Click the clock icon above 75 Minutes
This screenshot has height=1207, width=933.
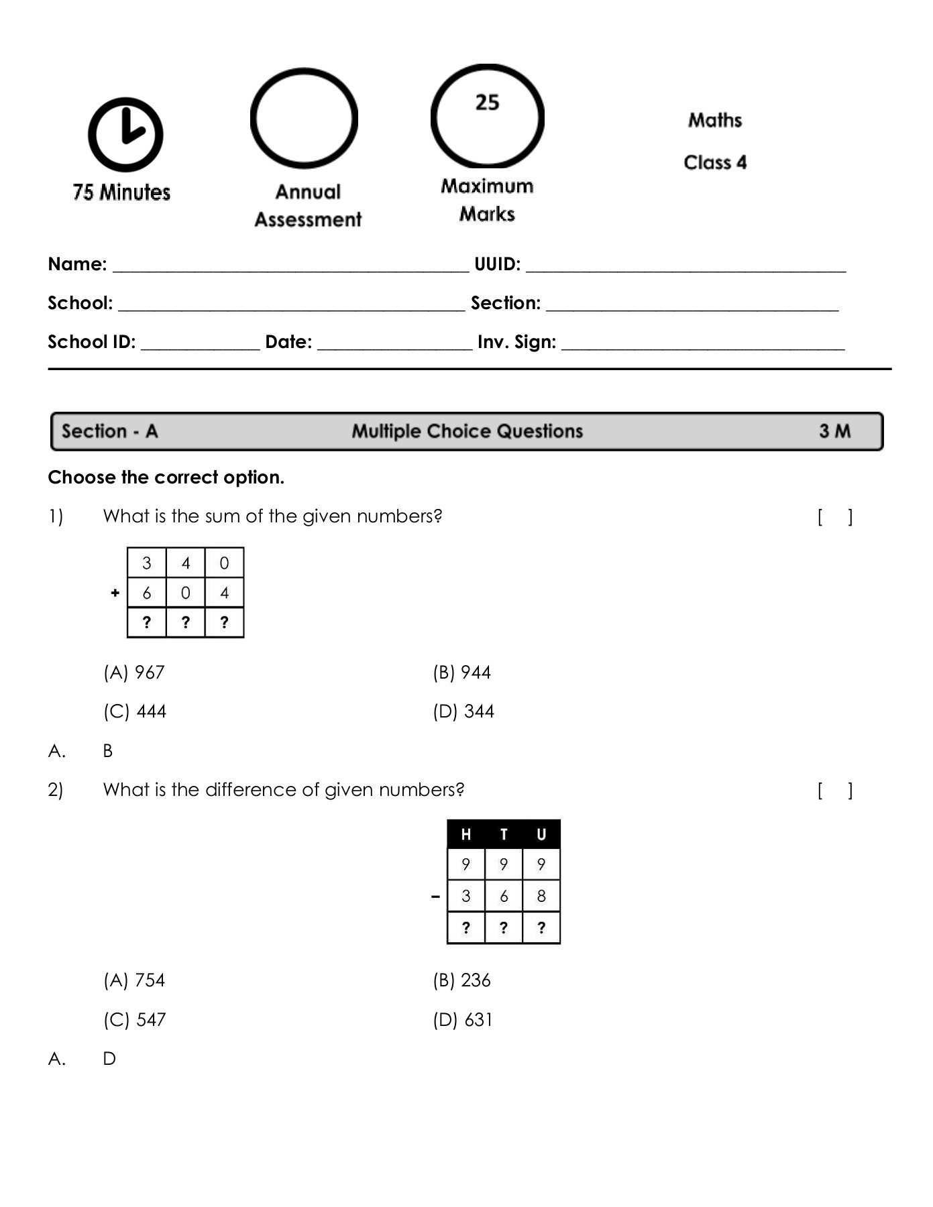125,135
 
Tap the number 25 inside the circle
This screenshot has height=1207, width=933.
487,103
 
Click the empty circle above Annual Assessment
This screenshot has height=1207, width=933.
304,119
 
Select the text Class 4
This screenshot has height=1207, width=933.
714,162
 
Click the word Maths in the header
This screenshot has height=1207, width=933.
714,121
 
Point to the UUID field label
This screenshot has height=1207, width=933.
497,264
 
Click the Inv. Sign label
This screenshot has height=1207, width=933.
516,342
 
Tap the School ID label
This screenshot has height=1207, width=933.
91,342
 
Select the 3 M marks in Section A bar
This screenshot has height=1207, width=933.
834,431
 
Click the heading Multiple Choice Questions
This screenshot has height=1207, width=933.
467,431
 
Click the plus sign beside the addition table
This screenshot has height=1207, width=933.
115,593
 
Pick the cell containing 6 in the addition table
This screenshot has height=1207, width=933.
147,593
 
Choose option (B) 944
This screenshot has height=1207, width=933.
461,673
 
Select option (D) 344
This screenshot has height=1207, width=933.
463,711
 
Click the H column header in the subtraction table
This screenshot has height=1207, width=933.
465,835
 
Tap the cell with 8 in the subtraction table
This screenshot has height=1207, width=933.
541,897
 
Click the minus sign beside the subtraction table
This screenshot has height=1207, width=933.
436,897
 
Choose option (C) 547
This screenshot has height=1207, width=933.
134,1020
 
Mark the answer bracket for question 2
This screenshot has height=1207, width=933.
835,791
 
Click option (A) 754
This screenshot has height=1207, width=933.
134,980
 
